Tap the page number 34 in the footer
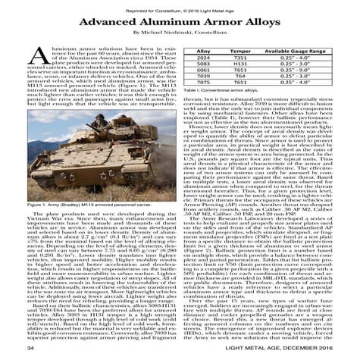(31, 348)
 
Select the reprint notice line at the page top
(180, 7)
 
